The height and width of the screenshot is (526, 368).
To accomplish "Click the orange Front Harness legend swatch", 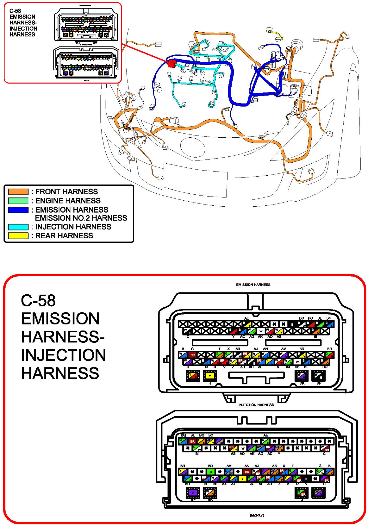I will pyautogui.click(x=18, y=192).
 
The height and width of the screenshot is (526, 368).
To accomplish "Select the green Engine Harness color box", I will pyautogui.click(x=18, y=201).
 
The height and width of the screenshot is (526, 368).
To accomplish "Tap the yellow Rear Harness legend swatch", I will pyautogui.click(x=18, y=236).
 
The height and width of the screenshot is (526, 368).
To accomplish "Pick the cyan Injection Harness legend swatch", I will pyautogui.click(x=18, y=227).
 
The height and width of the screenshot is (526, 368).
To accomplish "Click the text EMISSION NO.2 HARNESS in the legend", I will pyautogui.click(x=81, y=218).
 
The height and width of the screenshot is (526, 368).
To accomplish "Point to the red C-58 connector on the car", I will pyautogui.click(x=172, y=63).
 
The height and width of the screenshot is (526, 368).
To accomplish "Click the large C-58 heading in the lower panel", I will pyautogui.click(x=38, y=300).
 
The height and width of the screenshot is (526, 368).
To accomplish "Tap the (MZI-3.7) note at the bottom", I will pyautogui.click(x=257, y=515).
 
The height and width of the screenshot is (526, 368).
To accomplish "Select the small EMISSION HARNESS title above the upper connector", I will pyautogui.click(x=253, y=285).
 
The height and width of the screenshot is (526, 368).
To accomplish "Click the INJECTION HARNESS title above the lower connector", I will pyautogui.click(x=256, y=405).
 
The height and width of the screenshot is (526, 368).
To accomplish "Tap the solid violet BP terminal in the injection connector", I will pyautogui.click(x=193, y=493).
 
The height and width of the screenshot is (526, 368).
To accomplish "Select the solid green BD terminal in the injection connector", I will pyautogui.click(x=211, y=472).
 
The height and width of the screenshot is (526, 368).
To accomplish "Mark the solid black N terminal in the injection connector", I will pyautogui.click(x=306, y=479).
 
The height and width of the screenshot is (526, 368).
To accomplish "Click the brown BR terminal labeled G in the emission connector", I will pyautogui.click(x=193, y=355).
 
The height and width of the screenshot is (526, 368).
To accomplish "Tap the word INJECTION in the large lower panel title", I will pyautogui.click(x=63, y=355).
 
